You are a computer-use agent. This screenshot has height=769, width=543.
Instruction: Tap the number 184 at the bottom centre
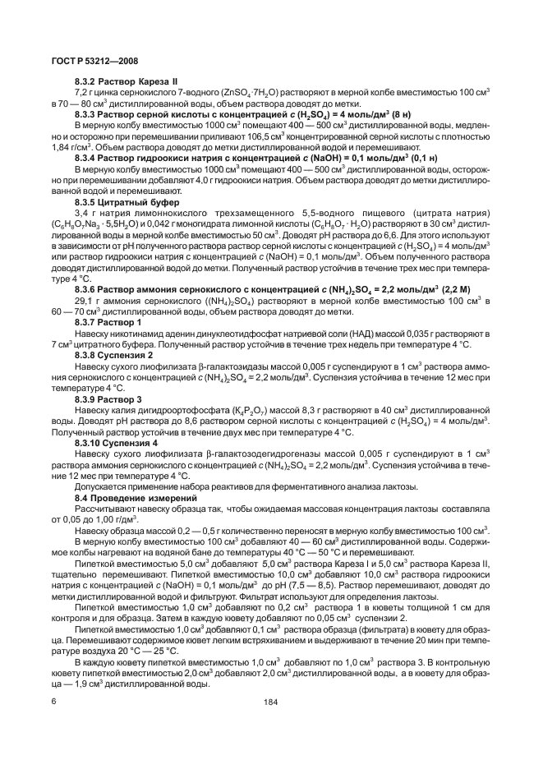[x=271, y=702]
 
